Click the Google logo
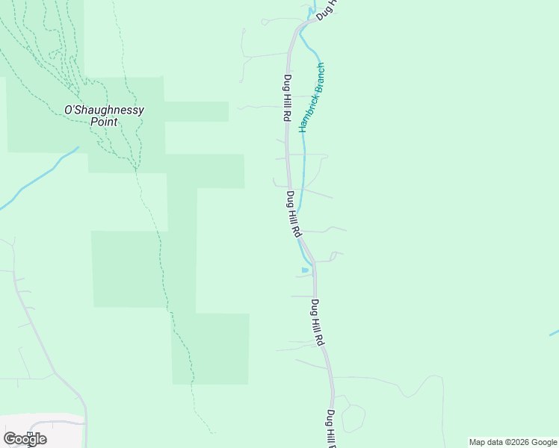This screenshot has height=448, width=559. click(x=25, y=439)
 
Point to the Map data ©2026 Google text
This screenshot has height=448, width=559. click(x=513, y=442)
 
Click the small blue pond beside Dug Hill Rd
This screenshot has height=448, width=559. click(x=304, y=270)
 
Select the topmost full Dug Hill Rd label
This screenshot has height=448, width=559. click(x=286, y=97)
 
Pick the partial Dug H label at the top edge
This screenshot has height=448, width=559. click(x=327, y=9)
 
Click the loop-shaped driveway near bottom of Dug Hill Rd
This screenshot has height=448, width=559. click(x=353, y=418)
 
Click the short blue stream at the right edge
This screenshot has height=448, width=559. click(x=554, y=332)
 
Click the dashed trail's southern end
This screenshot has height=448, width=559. click(x=212, y=432)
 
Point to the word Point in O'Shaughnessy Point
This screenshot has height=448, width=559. click(x=104, y=121)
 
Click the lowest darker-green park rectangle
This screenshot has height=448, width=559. click(x=211, y=349)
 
